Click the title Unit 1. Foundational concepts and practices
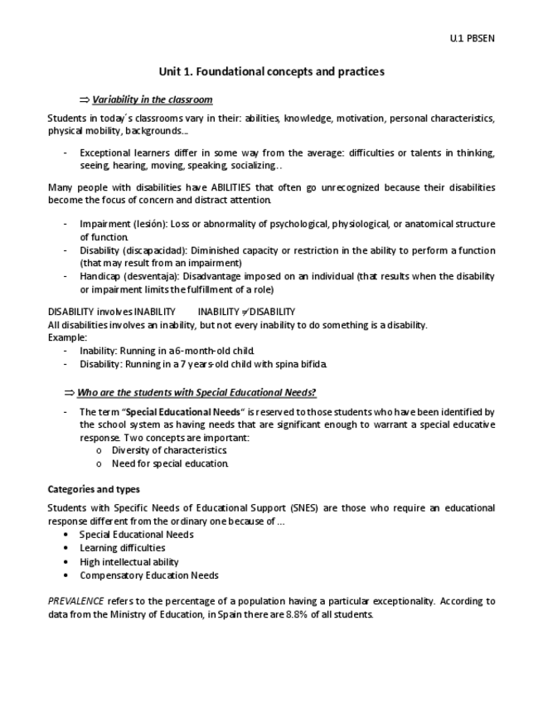pos(272,72)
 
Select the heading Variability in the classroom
pos(152,99)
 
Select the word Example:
pos(67,337)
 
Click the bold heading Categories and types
pos(93,489)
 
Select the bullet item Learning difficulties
pos(122,548)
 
